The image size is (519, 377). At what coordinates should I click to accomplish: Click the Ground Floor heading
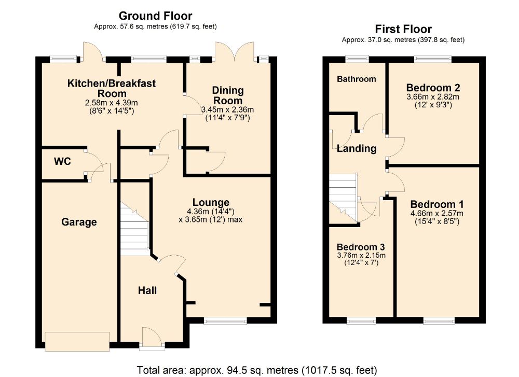[x=155, y=16]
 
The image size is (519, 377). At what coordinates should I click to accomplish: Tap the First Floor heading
[x=403, y=29]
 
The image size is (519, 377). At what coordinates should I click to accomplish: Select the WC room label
[x=62, y=161]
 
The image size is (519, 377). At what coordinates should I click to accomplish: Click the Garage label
[x=79, y=222]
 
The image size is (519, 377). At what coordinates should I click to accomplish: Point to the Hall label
[x=147, y=291]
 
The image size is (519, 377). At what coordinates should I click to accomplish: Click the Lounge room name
[x=211, y=202]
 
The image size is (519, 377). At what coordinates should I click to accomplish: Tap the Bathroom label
[x=357, y=79]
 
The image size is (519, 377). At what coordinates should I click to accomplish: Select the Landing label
[x=357, y=149]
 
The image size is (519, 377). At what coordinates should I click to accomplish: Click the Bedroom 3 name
[x=361, y=247]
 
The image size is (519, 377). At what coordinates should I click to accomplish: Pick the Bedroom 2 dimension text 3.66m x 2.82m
[x=433, y=97]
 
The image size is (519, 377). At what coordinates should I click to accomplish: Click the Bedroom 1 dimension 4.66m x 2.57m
[x=437, y=214]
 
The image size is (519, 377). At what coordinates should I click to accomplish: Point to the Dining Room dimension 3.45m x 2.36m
[x=228, y=109]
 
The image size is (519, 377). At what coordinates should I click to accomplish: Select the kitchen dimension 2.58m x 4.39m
[x=111, y=103]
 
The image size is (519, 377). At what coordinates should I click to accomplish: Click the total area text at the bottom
[x=257, y=370]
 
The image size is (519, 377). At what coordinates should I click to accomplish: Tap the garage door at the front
[x=77, y=341]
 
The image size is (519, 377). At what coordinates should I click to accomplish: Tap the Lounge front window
[x=225, y=320]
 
